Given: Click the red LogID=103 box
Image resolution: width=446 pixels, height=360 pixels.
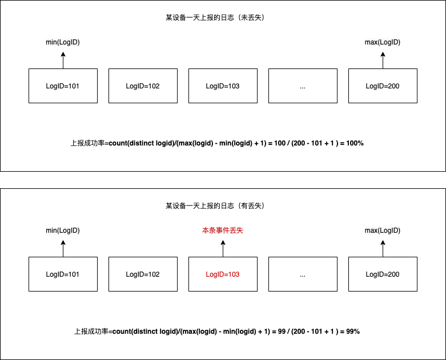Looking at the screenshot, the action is coord(223,274).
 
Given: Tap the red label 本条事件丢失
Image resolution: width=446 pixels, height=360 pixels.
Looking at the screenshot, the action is coord(223,230).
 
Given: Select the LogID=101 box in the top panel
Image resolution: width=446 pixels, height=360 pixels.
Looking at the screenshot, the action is coord(63,86).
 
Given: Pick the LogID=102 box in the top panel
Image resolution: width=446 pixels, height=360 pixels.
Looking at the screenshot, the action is coord(143,86).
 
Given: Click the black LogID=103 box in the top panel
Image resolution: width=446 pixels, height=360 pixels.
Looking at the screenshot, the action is coord(223,86).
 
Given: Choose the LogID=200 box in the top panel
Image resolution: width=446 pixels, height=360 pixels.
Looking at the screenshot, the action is coord(383,86).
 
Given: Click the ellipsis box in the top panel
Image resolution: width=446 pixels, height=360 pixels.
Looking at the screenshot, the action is coord(303,86).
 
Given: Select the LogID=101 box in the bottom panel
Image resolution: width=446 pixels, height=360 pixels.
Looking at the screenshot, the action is coord(63,274).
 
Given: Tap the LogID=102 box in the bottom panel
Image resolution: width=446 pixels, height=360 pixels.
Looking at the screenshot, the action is coord(143,274).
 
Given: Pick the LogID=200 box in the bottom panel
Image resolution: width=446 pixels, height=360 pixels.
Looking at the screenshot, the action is coord(383,274).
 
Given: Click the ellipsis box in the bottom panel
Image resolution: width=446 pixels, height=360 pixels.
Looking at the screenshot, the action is coord(303,274).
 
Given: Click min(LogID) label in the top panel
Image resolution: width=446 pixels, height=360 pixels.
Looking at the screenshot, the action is coord(63,42).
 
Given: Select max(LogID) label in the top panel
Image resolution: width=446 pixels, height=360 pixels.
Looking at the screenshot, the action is coord(383,42).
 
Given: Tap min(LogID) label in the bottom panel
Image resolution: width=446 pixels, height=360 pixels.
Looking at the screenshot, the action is coord(63,230).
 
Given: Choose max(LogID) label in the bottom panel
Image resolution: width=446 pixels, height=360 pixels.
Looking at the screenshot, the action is coord(383,230).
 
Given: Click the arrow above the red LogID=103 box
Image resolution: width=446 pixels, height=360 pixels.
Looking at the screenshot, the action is coord(223,248).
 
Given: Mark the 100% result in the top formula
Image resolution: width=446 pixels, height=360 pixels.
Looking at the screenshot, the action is coord(355,143).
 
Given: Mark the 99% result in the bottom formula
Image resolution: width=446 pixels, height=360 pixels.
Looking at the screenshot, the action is coord(352,331).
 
